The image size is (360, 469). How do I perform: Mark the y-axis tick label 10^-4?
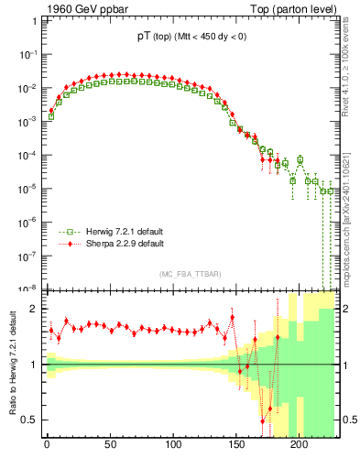pos(27,154)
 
